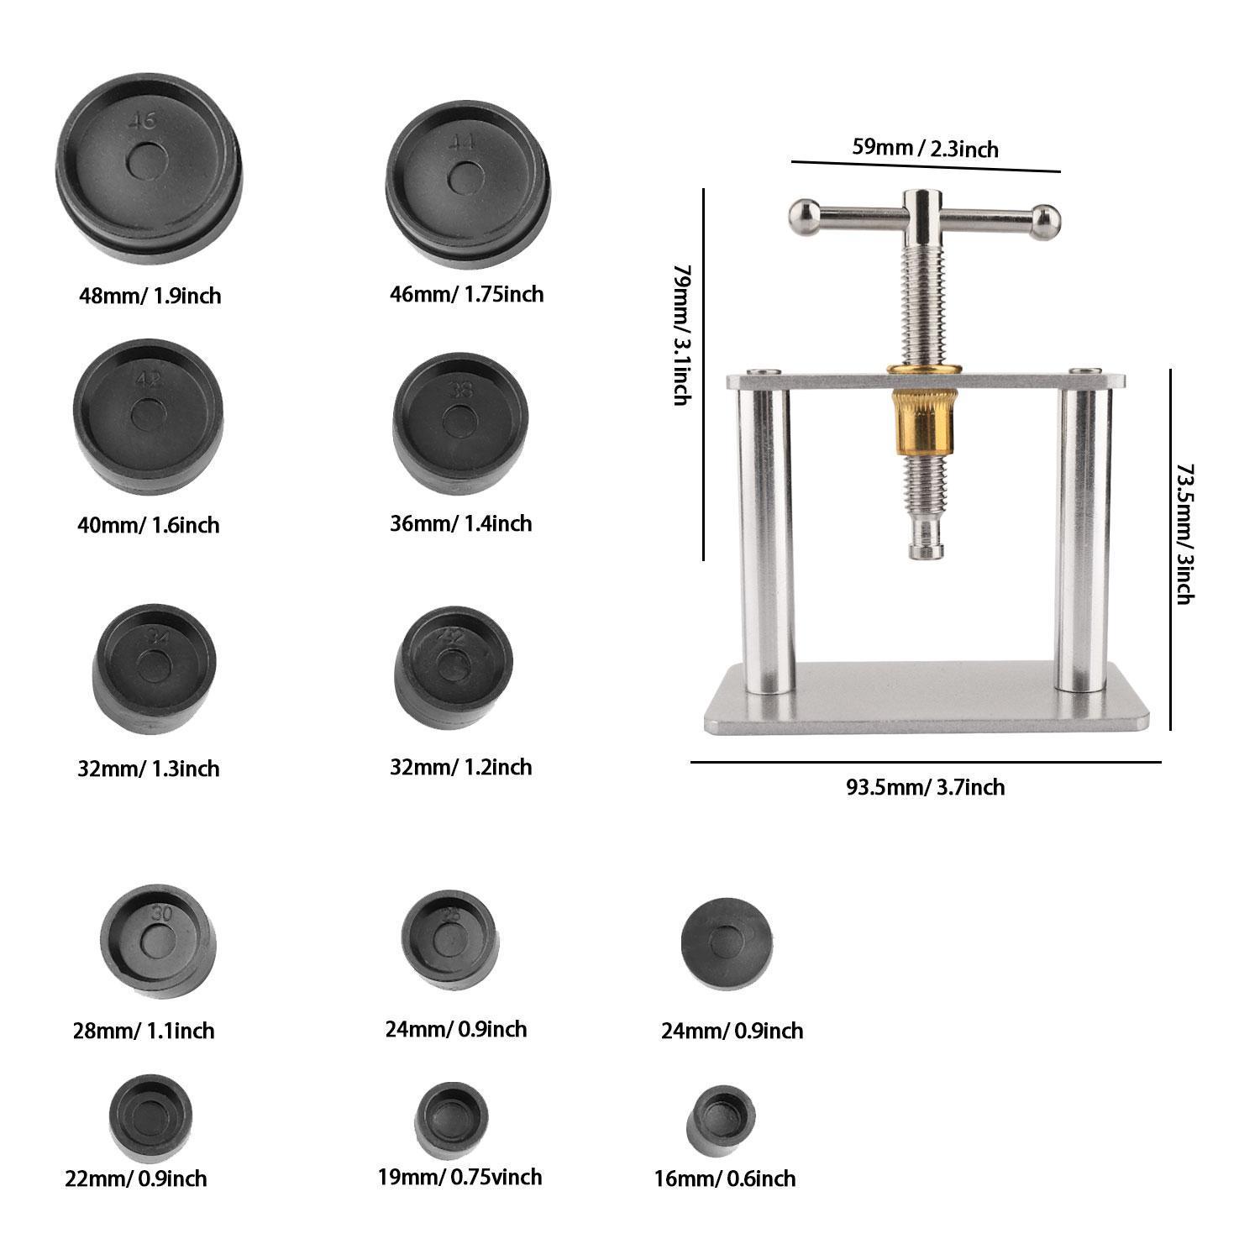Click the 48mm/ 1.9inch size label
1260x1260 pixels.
pos(150,296)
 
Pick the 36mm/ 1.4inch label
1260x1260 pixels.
pos(460,524)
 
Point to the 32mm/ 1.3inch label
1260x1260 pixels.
pos(149,769)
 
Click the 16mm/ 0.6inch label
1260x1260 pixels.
pos(724,1179)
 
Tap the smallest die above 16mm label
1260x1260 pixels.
pos(721,1119)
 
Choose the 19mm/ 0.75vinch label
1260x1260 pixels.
pos(459,1177)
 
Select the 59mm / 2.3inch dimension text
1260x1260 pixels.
pos(925,148)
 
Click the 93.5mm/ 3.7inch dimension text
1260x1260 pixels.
pos(925,787)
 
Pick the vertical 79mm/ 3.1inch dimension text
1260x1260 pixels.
pos(682,334)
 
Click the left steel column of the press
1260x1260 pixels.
pos(765,538)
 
